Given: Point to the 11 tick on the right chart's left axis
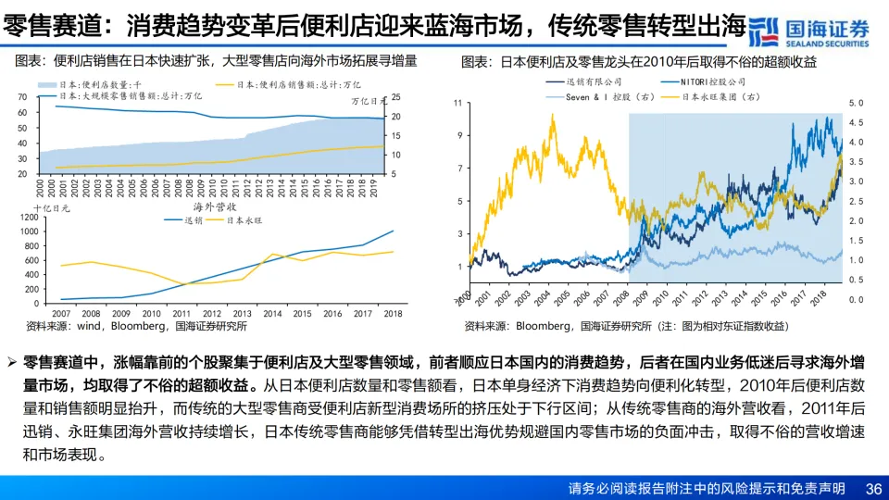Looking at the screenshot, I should pyautogui.click(x=457, y=103).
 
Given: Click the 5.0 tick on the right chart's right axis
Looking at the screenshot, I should pyautogui.click(x=855, y=104).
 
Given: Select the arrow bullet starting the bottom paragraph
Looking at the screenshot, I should pyautogui.click(x=11, y=360).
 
